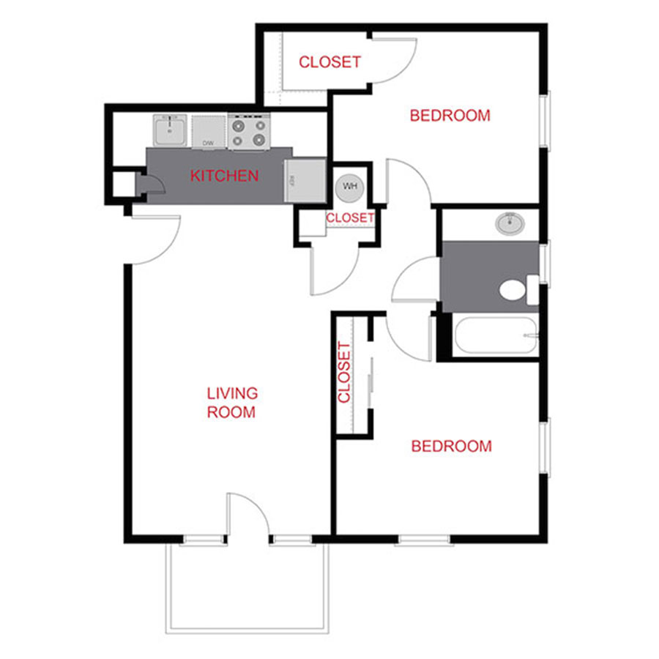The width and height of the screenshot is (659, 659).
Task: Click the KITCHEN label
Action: (224, 176)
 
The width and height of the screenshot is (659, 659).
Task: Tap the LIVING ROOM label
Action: (231, 403)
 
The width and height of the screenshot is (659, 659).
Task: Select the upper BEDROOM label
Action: (450, 116)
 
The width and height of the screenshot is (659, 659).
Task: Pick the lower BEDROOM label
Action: (451, 446)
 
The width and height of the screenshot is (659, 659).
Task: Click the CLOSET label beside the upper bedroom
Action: (329, 62)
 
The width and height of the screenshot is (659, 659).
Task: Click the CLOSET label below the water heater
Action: (350, 218)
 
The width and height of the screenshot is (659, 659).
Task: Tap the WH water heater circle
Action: (350, 186)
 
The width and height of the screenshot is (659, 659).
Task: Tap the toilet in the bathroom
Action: (515, 290)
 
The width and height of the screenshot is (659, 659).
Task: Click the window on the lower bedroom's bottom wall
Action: (423, 540)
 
